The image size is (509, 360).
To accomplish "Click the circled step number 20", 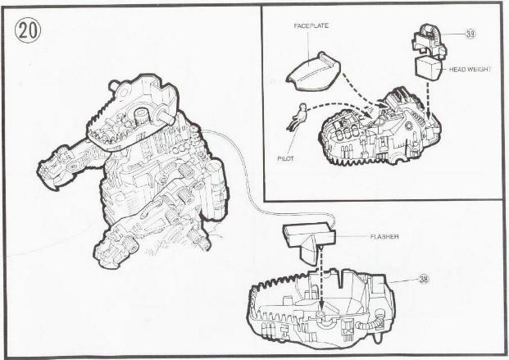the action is point(28,31).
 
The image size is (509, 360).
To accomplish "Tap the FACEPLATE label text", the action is point(311,26).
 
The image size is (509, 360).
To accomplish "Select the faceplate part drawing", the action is point(313,71).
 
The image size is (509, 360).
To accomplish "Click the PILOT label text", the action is point(286,159).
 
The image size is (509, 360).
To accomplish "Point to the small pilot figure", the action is point(297,116).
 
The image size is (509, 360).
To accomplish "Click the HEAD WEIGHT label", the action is point(470,69).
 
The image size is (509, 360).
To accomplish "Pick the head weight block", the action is point(429,68).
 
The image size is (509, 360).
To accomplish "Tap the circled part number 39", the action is point(470,34).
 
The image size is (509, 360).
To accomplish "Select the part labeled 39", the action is point(429,41).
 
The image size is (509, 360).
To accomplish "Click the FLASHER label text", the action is point(384,237).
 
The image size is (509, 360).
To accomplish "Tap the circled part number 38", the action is point(424,279).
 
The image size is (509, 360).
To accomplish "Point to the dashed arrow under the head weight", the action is point(429,99).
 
